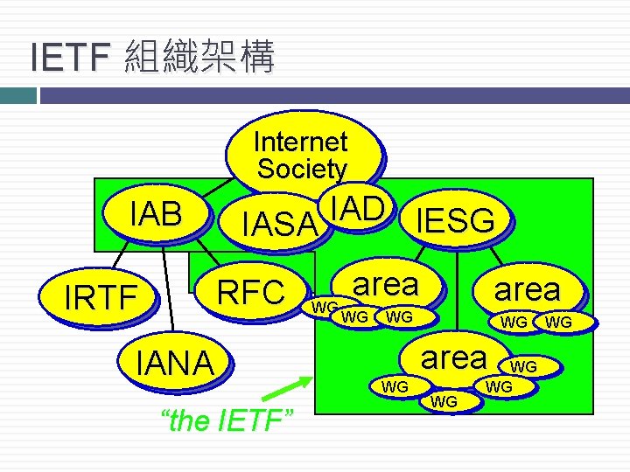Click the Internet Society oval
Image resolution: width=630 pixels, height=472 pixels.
coord(300,153)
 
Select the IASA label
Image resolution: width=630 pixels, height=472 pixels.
coord(278,226)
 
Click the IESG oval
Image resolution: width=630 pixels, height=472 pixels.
coord(456,221)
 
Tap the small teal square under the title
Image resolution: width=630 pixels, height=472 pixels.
coord(16,94)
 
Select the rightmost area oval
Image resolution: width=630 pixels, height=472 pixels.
coord(527,289)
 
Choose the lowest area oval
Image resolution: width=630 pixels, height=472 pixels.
coord(453,357)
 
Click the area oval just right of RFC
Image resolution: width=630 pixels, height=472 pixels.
coord(385,284)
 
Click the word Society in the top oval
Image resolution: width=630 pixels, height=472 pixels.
coord(301,169)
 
